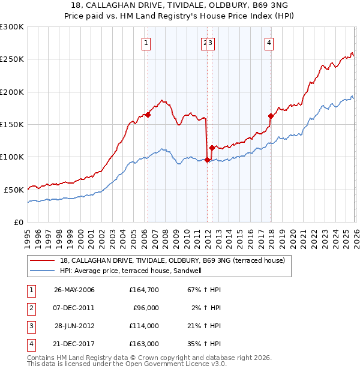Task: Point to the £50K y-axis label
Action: click(x=14, y=190)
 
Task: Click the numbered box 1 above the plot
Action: click(x=147, y=43)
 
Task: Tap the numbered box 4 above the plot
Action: click(x=269, y=43)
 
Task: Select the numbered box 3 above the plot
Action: click(x=212, y=43)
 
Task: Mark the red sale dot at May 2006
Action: click(x=148, y=115)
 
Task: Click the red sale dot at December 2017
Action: click(x=271, y=116)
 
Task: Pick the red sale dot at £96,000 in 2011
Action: click(x=207, y=160)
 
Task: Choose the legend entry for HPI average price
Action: click(x=130, y=271)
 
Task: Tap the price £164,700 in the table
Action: click(x=143, y=290)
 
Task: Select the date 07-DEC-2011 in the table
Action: click(x=74, y=308)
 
